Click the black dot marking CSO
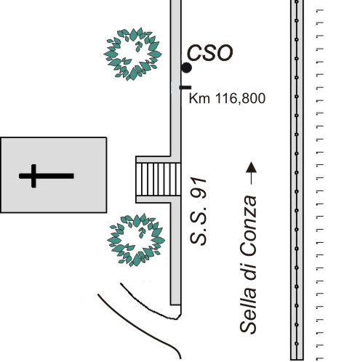pos(186,68)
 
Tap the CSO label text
pos(209,53)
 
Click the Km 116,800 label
pos(227,98)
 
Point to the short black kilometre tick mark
pos(185,87)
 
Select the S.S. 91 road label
pos(199,211)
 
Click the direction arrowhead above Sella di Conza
pos(251,167)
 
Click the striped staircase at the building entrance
pos(159,180)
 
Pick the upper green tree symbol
pos(132,54)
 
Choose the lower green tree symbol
pos(136,240)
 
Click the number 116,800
pos(240,99)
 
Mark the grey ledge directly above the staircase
pos(153,159)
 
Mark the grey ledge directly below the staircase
pos(153,199)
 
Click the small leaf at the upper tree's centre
pos(138,47)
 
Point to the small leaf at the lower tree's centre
pos(141,233)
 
